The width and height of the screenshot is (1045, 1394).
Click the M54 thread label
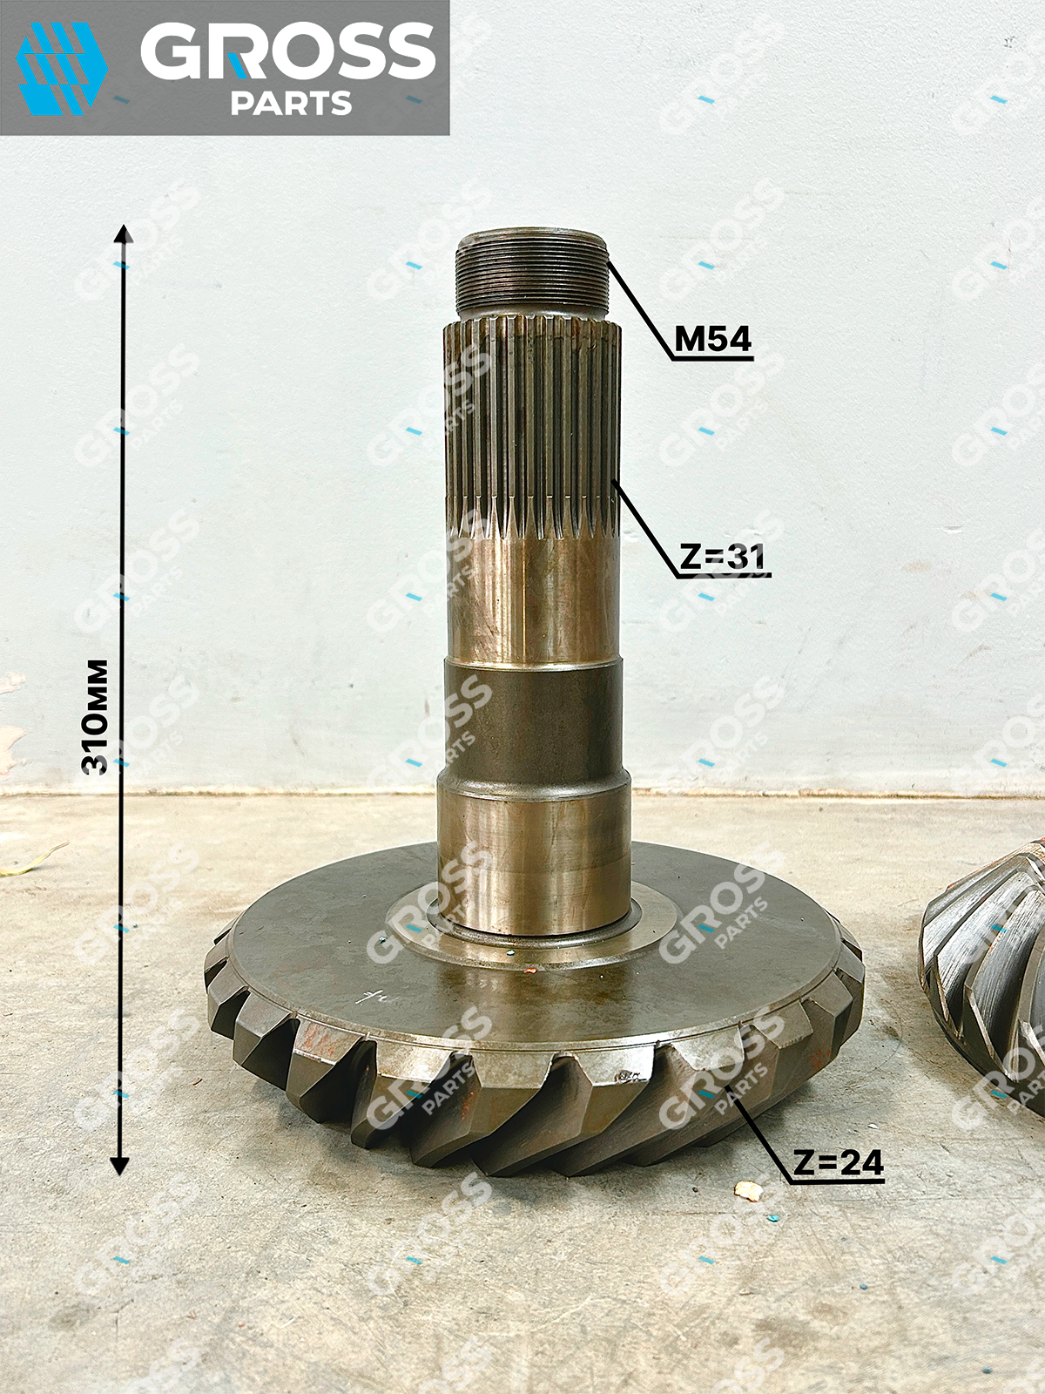[712, 341]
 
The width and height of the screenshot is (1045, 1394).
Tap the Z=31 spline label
[722, 558]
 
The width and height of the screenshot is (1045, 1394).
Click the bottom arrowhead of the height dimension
[119, 1166]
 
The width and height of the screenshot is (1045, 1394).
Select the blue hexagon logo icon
[61, 69]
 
